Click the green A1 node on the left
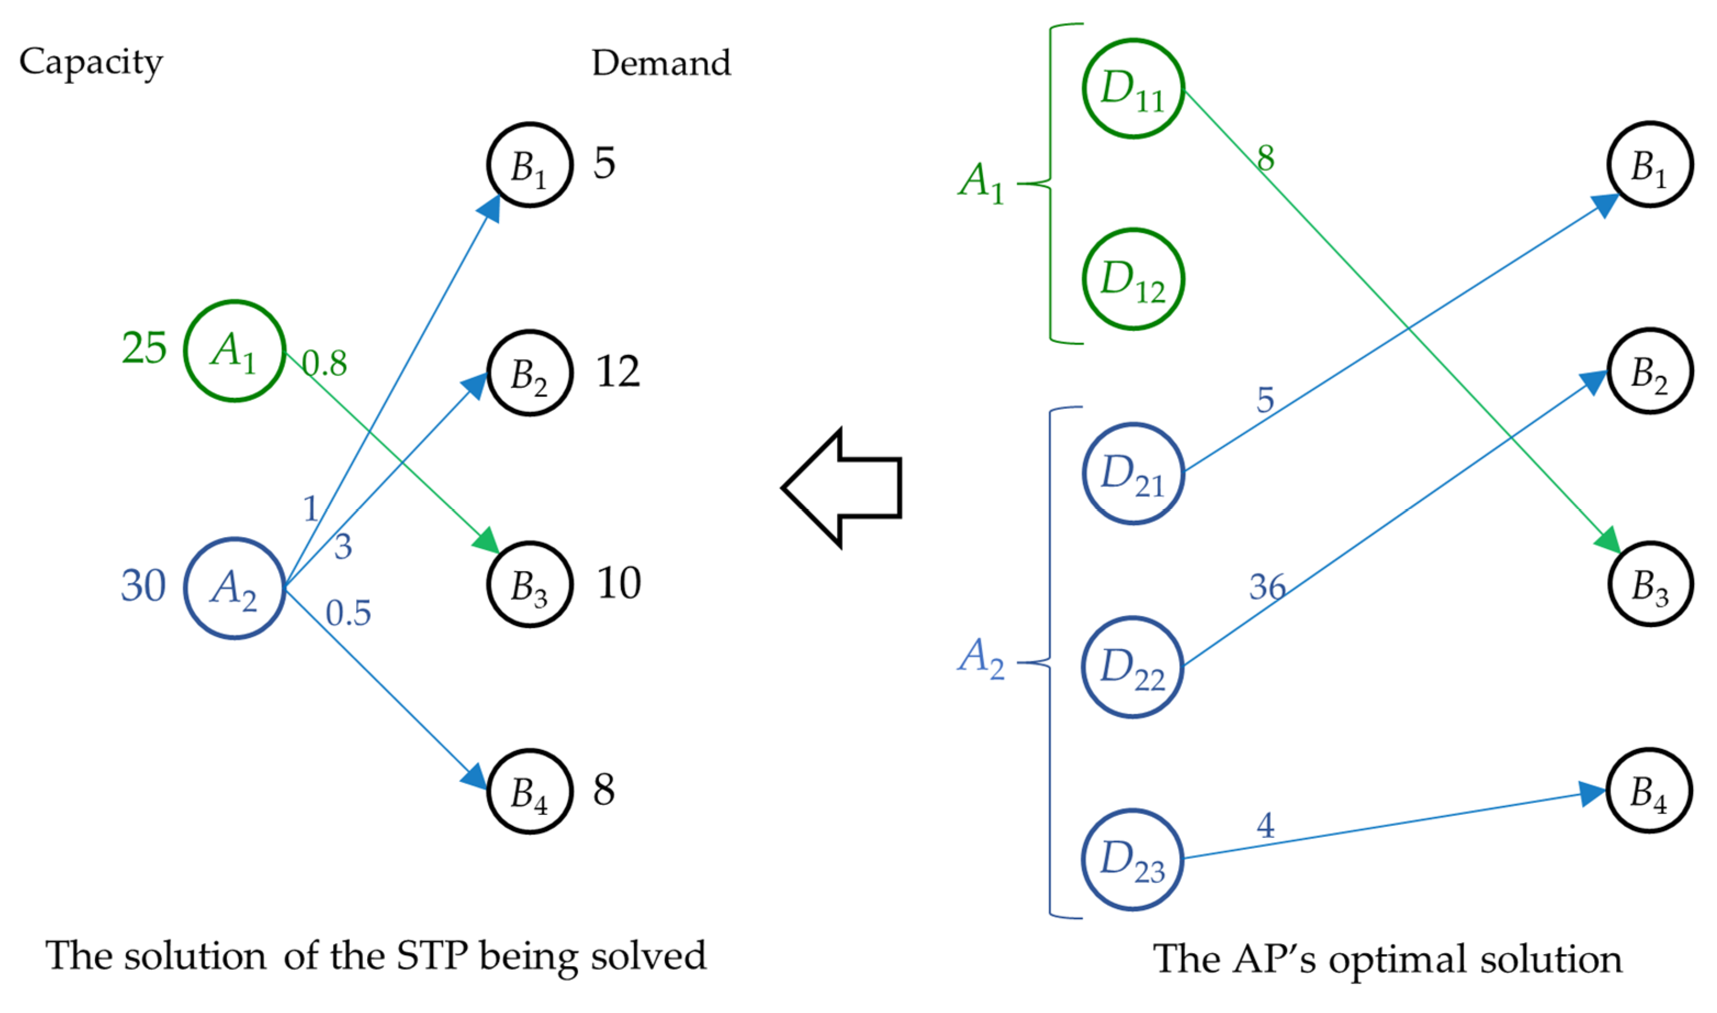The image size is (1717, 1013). (234, 351)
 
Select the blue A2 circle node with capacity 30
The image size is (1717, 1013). (234, 588)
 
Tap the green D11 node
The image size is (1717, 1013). (1133, 89)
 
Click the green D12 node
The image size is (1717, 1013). (1133, 279)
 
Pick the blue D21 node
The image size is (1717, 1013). (1133, 474)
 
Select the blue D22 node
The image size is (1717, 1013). (1133, 667)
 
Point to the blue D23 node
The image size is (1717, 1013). (1133, 859)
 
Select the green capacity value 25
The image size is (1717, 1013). (144, 348)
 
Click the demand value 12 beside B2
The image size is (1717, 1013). (617, 372)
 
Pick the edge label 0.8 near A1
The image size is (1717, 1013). (325, 363)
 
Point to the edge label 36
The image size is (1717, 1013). (1267, 587)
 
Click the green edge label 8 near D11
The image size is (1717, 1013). (1266, 159)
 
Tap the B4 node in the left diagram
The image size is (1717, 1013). (530, 792)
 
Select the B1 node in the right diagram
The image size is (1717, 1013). (1650, 165)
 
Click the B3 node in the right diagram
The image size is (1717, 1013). (1650, 584)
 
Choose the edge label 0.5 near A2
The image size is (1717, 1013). (348, 613)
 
